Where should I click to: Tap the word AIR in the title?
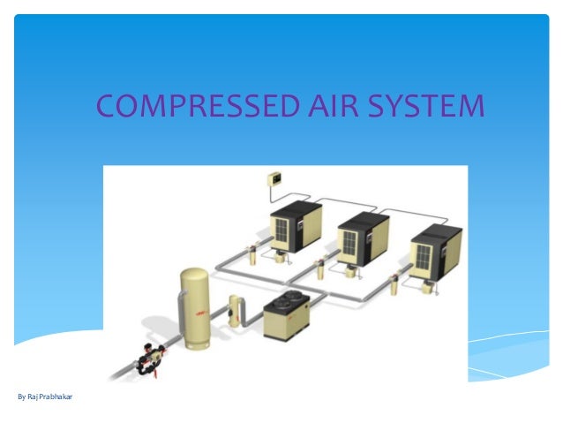[330, 107]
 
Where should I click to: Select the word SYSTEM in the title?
[426, 107]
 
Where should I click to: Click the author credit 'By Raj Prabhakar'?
[45, 397]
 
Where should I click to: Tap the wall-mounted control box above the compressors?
[273, 181]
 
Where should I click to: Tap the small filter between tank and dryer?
[235, 310]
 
